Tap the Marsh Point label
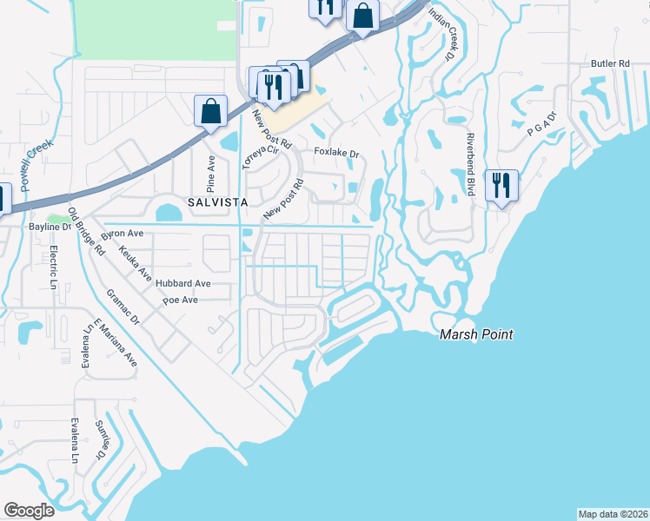[x=475, y=334]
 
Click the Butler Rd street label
[x=610, y=63]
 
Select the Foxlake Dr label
[x=336, y=154]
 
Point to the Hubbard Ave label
[x=184, y=283]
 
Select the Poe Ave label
[x=181, y=300]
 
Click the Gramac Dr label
[x=123, y=307]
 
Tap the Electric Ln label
[x=53, y=267]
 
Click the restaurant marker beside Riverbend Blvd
[x=501, y=186]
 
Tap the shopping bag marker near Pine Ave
[x=210, y=111]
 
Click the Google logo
[x=29, y=511]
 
